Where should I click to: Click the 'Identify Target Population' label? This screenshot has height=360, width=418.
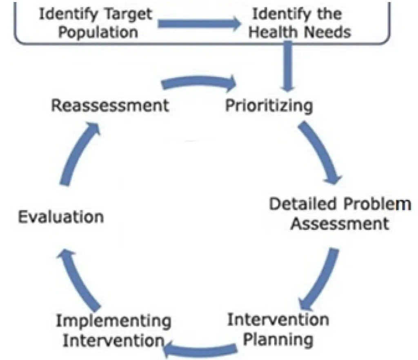click(96, 23)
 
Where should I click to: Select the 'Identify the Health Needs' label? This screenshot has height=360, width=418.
click(300, 23)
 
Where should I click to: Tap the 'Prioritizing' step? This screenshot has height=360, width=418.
click(269, 105)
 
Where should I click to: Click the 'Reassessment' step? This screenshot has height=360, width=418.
click(109, 105)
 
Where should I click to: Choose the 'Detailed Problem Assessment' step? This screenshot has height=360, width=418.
click(340, 213)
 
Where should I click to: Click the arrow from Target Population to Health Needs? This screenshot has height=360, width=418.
click(199, 24)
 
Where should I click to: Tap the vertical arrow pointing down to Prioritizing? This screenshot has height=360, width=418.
click(289, 65)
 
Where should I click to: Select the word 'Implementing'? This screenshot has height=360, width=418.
click(113, 322)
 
